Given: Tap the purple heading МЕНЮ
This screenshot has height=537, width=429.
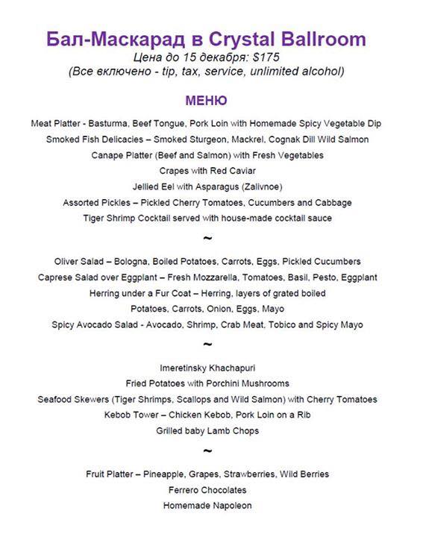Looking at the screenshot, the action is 206,100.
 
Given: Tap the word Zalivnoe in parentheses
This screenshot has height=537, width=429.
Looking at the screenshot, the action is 256,186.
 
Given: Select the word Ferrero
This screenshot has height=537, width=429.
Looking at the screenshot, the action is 183,490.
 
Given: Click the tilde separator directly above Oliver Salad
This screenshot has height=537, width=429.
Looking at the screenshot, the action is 207,239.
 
